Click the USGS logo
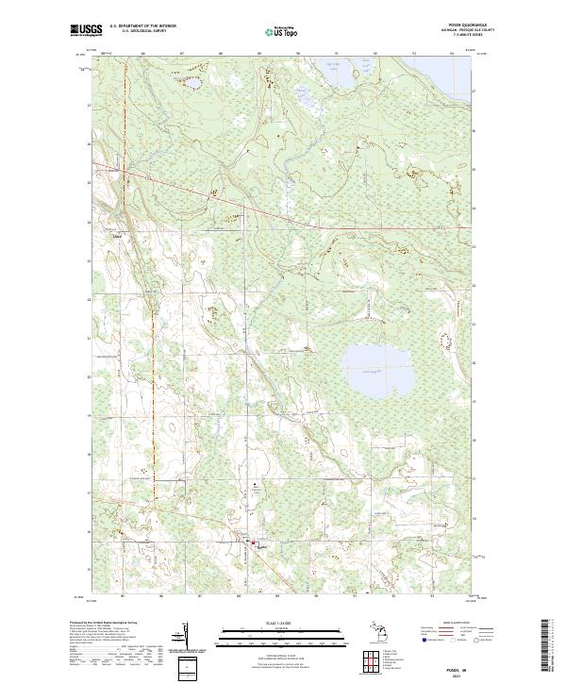[86, 30]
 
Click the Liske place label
[118, 237]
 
